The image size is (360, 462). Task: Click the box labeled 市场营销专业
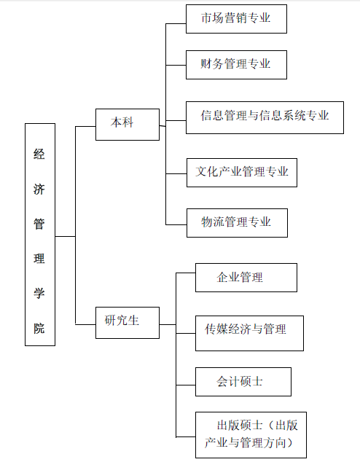pos(236,19)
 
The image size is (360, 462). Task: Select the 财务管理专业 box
pos(236,65)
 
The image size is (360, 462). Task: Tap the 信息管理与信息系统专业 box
pos(265,117)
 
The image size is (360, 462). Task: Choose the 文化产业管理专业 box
pos(242,173)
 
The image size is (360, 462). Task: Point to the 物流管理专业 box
pos(237,223)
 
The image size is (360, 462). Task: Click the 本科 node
pos(128,125)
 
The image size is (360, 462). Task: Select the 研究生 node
pos(128,323)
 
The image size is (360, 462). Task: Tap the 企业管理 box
pos(246,278)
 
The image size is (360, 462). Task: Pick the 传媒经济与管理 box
pos(249,333)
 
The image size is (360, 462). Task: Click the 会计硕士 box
pos(243,382)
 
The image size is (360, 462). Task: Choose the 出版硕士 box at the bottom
pos(251,435)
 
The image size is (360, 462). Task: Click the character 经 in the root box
pos(39,154)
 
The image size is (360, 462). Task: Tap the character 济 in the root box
pos(39,189)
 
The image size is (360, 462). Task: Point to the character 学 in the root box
pos(39,293)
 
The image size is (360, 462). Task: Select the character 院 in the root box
pos(39,328)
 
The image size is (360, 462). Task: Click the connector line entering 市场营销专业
pos(176,23)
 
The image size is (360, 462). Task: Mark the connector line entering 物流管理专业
pos(176,225)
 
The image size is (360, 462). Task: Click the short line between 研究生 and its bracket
pos(168,325)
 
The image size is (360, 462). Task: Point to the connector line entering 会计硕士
pos(186,385)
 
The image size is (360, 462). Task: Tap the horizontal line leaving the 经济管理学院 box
pos(65,236)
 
